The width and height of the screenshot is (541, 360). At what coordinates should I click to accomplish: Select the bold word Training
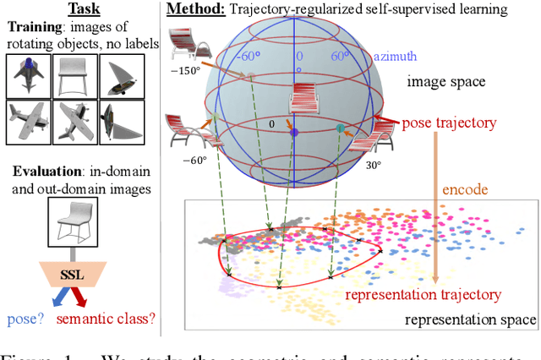[x=35, y=27]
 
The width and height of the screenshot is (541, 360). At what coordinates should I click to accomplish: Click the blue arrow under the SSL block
[x=57, y=297]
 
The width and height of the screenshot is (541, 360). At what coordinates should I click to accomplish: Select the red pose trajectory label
[x=450, y=123]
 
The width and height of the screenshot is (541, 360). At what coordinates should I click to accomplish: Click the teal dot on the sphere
[x=340, y=128]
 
